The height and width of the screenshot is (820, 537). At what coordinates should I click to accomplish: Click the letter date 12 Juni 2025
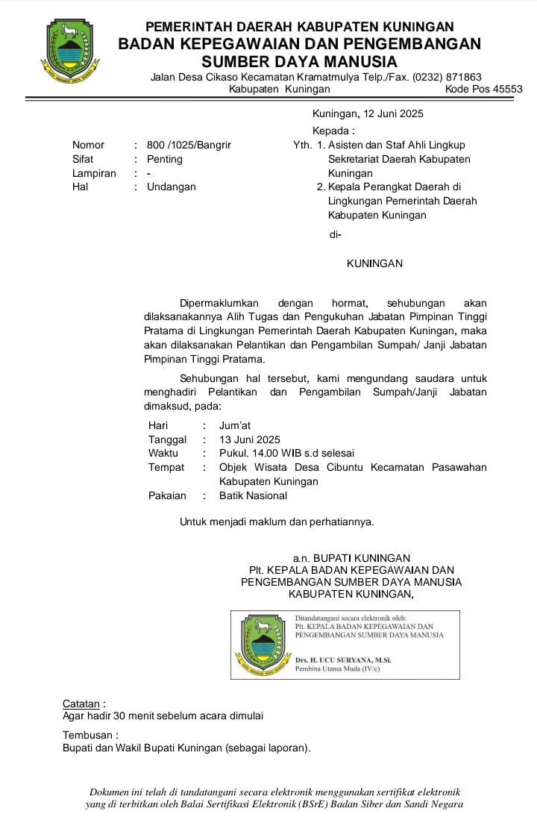[393, 113]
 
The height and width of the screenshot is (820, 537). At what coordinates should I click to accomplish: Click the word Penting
[164, 159]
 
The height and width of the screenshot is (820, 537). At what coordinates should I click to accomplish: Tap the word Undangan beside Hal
[171, 187]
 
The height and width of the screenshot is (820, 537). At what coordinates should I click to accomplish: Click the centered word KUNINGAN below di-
[374, 263]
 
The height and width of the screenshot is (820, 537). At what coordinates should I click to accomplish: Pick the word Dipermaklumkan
[219, 303]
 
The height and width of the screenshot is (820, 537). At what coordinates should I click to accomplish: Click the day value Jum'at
[235, 425]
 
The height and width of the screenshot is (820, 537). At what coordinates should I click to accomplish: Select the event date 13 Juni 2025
[250, 439]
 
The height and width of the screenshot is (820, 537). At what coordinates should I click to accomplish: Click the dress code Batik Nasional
[253, 495]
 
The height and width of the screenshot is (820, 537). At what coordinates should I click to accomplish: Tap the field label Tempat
[166, 467]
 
